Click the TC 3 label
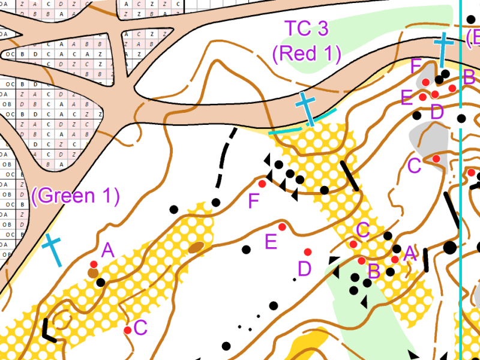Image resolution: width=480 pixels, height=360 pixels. [307, 29]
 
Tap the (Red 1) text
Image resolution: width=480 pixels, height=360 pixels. [307, 53]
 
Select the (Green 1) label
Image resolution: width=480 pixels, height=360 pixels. [75, 196]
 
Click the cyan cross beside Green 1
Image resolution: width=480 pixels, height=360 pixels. [53, 250]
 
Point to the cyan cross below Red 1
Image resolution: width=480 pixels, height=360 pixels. [306, 108]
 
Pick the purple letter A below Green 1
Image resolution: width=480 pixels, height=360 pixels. [108, 250]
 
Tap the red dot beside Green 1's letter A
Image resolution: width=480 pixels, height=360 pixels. [94, 264]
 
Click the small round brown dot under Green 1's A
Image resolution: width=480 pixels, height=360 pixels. [92, 273]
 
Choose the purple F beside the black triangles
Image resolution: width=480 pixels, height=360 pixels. [254, 201]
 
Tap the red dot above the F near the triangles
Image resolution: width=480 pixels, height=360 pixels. [262, 184]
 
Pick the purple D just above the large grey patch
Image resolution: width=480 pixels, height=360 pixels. [437, 111]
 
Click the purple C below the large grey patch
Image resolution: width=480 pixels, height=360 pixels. [414, 166]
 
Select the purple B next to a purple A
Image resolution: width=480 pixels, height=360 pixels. [374, 271]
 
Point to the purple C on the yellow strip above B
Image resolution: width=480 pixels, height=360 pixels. [362, 229]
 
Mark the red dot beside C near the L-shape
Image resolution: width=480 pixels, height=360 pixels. [128, 330]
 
